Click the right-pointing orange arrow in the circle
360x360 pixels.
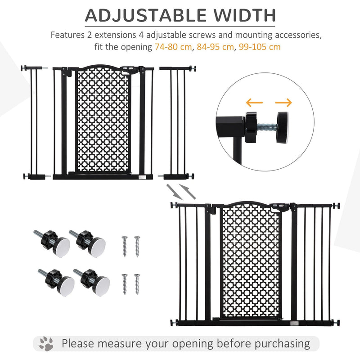pyautogui.click(x=283, y=103)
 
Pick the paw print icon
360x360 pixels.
pyautogui.click(x=46, y=344)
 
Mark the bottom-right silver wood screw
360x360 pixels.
pyautogui.click(x=137, y=284)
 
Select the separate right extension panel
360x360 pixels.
pyautogui.click(x=178, y=121)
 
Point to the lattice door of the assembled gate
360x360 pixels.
pyautogui.click(x=251, y=261)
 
